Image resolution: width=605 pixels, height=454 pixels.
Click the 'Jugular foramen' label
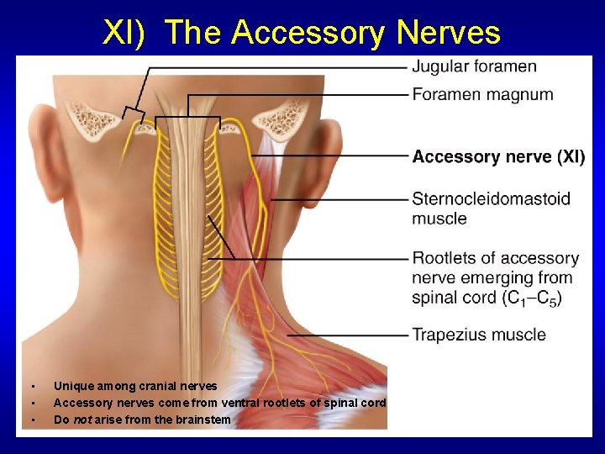point(474,66)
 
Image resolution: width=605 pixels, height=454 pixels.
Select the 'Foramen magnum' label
point(482,94)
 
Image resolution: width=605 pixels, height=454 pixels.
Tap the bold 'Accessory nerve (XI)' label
point(498,156)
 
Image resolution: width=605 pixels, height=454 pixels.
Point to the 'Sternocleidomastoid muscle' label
point(491,209)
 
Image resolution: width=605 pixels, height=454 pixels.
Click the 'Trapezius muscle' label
point(478,335)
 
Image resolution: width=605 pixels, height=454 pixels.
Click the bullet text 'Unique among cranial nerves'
point(135,386)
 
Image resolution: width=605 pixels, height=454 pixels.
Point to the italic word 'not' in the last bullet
point(82,419)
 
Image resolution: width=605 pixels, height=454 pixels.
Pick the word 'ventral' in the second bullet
point(217,403)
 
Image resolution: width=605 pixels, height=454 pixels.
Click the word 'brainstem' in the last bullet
point(203,419)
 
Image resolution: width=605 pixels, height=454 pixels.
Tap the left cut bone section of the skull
point(92,119)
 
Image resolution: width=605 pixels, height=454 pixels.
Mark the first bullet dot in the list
point(32,387)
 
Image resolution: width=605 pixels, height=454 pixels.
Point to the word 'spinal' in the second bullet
point(320,403)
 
